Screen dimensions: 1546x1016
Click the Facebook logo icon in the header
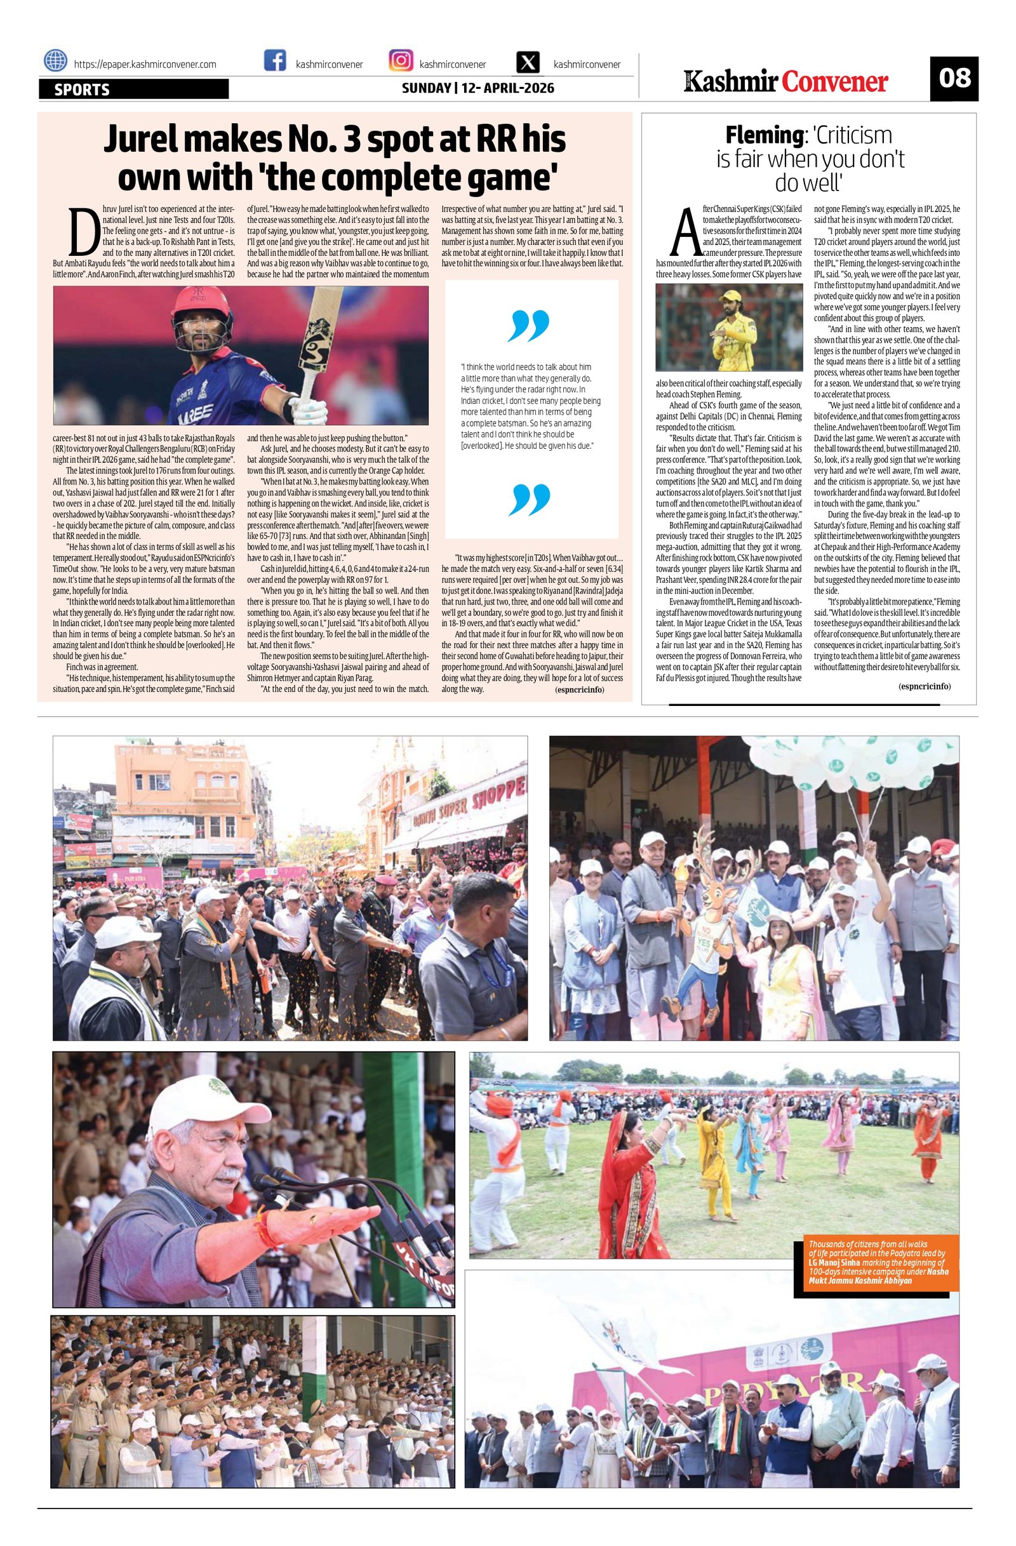pos(276,62)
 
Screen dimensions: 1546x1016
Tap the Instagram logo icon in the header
pos(401,62)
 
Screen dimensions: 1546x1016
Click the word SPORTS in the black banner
pos(82,90)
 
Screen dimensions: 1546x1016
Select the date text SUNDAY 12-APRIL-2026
pos(478,88)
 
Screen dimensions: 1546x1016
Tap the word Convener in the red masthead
pos(835,82)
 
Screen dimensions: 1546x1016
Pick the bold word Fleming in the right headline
pos(763,135)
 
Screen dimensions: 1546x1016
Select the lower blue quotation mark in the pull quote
pos(530,498)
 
